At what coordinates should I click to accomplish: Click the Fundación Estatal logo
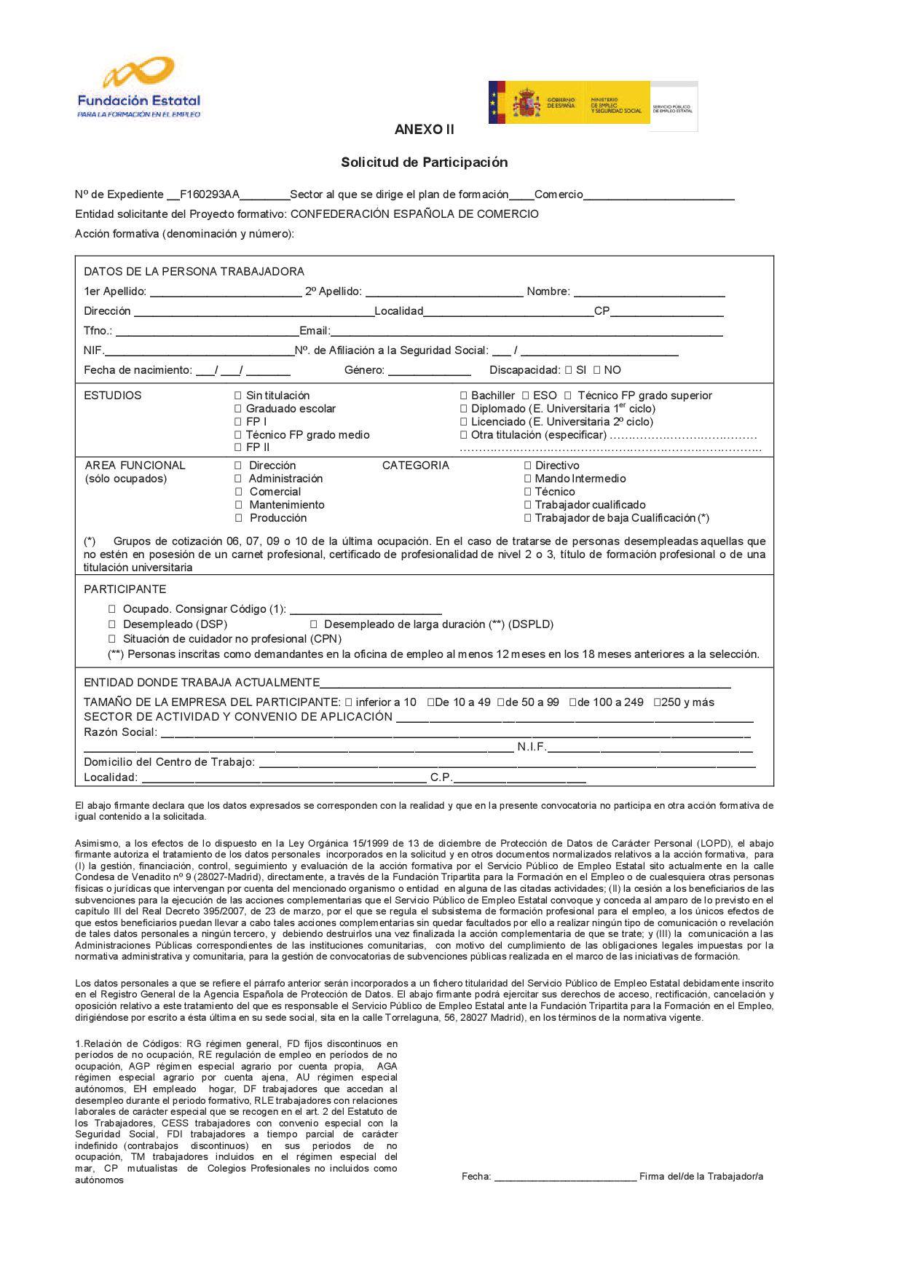pyautogui.click(x=138, y=87)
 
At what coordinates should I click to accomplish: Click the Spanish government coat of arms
pyautogui.click(x=526, y=103)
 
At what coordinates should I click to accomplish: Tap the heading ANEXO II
pyautogui.click(x=424, y=130)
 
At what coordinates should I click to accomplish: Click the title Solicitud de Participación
pyautogui.click(x=424, y=162)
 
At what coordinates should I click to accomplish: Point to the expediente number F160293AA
pyautogui.click(x=210, y=195)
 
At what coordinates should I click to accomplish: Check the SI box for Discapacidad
pyautogui.click(x=568, y=370)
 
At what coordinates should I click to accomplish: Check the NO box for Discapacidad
pyautogui.click(x=596, y=370)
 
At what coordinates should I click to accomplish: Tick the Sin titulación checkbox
pyautogui.click(x=237, y=396)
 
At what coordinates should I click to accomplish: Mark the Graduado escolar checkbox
pyautogui.click(x=237, y=409)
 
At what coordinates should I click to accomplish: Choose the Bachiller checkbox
pyautogui.click(x=464, y=396)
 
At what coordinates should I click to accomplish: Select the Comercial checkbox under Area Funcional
pyautogui.click(x=238, y=492)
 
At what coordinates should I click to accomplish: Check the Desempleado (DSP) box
pyautogui.click(x=112, y=624)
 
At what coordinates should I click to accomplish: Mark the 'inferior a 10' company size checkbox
pyautogui.click(x=349, y=702)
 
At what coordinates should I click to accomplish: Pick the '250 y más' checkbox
pyautogui.click(x=657, y=702)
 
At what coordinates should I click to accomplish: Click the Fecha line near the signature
pyautogui.click(x=565, y=1177)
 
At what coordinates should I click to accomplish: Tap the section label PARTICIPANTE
pyautogui.click(x=125, y=589)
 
